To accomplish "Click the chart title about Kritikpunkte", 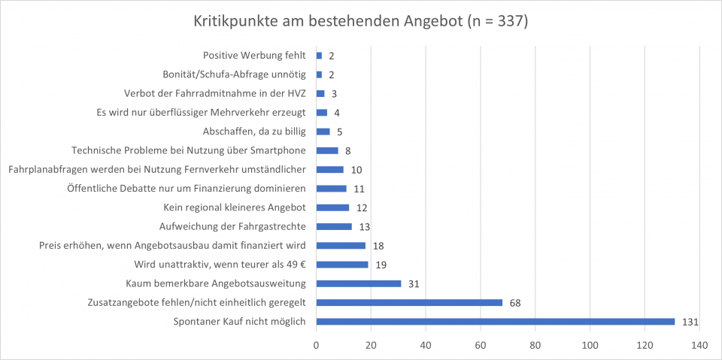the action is tap(360, 22).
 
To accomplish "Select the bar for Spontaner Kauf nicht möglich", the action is tap(496, 322).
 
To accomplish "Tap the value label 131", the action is tap(690, 322).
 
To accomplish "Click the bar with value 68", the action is tap(409, 302).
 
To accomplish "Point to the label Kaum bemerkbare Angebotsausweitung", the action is tap(216, 283).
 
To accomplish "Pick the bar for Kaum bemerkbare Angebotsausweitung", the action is tap(359, 283).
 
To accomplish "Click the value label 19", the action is tap(381, 265).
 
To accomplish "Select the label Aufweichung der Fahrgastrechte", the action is tap(232, 226).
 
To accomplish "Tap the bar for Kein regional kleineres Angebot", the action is tap(332, 207).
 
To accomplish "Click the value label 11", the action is tap(358, 189).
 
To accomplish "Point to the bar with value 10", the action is tap(329, 169).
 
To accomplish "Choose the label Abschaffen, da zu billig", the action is tap(255, 132).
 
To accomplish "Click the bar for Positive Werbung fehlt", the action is tap(319, 56).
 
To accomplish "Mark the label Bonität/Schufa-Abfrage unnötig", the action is tap(235, 74).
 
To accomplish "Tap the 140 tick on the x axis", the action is tap(699, 344).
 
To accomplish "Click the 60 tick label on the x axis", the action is tap(481, 344).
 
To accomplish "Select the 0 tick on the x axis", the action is tap(317, 344).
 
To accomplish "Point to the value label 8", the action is tap(347, 150).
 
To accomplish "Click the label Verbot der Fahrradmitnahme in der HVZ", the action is tap(216, 93).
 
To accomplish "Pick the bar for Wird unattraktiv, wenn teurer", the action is tap(342, 265).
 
